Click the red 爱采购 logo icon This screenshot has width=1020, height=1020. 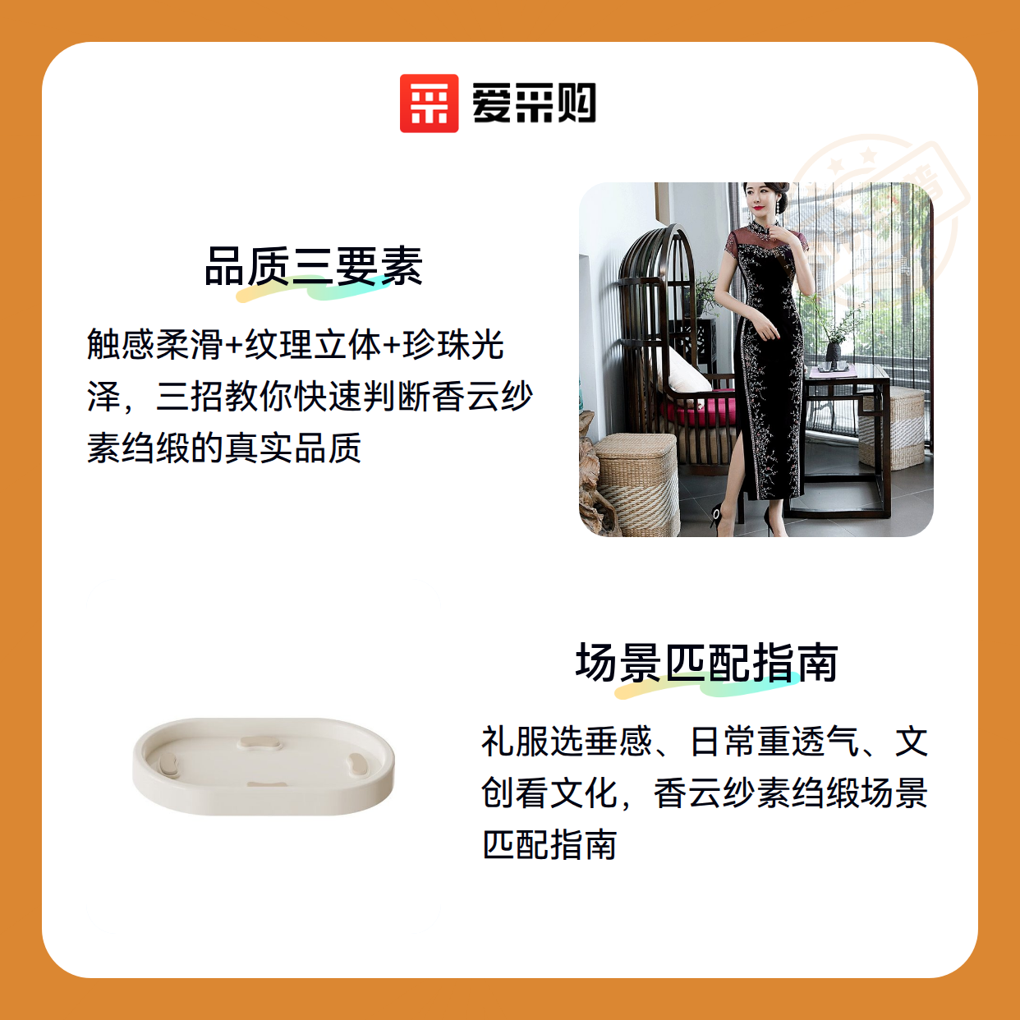(x=429, y=103)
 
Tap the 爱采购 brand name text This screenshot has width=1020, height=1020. (x=534, y=103)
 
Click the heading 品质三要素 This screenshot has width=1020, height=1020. (x=314, y=266)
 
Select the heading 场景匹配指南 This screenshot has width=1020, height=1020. (x=706, y=662)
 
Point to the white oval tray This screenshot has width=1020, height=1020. (x=264, y=766)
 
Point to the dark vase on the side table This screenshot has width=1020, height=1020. (x=833, y=353)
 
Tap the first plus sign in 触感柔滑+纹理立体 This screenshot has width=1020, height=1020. (x=233, y=345)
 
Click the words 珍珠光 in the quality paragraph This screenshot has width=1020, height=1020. (x=453, y=345)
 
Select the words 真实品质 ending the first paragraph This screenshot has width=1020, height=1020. (x=292, y=448)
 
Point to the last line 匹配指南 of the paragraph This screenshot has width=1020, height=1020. (x=550, y=844)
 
